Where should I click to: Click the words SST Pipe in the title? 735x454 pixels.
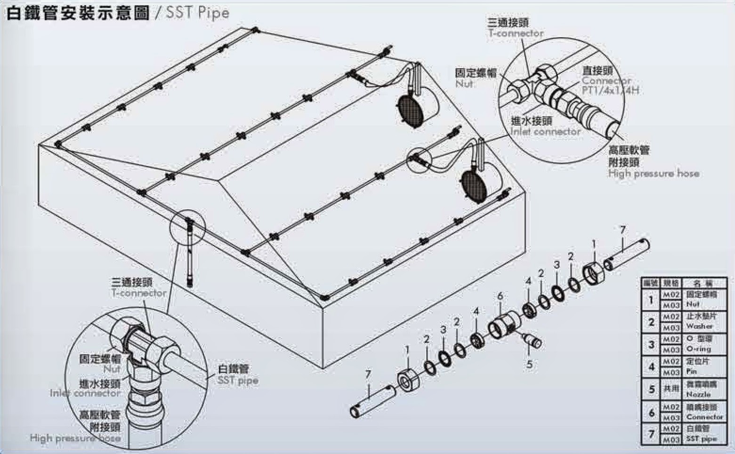click(197, 13)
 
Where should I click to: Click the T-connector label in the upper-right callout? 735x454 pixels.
click(515, 33)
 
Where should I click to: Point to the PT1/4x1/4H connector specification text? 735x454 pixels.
click(610, 90)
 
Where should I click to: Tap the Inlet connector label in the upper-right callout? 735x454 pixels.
click(546, 132)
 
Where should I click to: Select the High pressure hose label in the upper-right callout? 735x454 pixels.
click(653, 174)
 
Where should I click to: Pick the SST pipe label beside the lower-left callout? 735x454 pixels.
click(238, 380)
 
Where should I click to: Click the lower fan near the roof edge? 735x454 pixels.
click(475, 184)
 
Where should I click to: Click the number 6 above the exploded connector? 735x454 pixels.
click(500, 296)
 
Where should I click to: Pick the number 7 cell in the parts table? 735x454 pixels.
click(651, 434)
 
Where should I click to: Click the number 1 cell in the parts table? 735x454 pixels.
click(651, 299)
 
